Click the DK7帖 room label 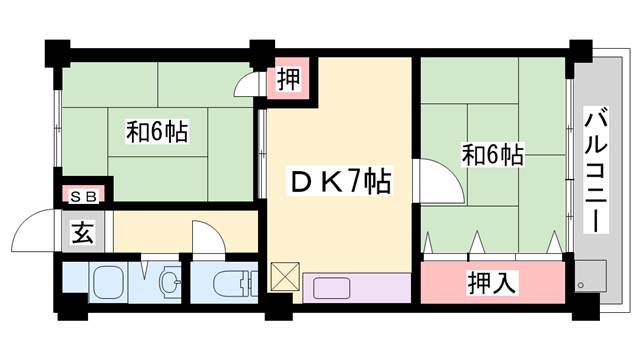click(x=340, y=181)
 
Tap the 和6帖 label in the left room click(x=157, y=132)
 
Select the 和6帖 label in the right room click(x=493, y=155)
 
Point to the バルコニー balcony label click(x=596, y=170)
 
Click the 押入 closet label click(x=491, y=282)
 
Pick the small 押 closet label click(x=289, y=79)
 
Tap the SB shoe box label click(x=84, y=197)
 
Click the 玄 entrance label click(x=83, y=232)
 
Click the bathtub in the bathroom click(x=109, y=282)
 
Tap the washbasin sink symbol click(x=170, y=281)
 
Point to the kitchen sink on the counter click(x=331, y=288)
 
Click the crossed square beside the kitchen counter click(x=285, y=276)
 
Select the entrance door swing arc click(x=24, y=222)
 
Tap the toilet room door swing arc click(x=216, y=230)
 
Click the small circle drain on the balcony click(x=581, y=285)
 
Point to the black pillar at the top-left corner click(x=58, y=53)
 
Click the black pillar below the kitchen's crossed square click(x=279, y=307)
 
